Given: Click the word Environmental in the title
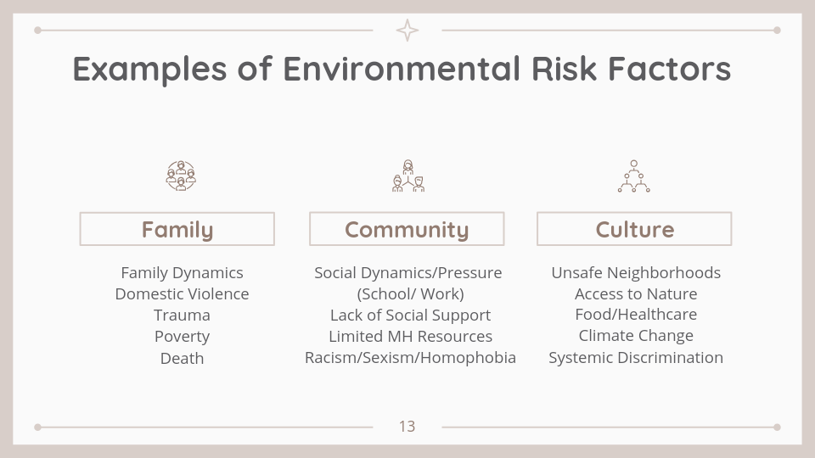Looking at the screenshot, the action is (x=402, y=69).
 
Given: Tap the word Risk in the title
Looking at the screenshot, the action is (x=564, y=69).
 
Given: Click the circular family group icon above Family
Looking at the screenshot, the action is (x=181, y=176).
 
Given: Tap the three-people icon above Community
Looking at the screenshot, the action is (x=408, y=176).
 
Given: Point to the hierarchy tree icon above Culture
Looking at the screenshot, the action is (x=633, y=176).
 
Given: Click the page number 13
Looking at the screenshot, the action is (x=407, y=427).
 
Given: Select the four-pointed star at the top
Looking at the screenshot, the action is (x=407, y=31).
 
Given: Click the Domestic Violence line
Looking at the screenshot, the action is (x=182, y=294).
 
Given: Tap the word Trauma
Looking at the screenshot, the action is (x=182, y=316).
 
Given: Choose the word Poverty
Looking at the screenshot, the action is (x=182, y=337).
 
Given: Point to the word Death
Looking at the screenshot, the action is (x=182, y=358).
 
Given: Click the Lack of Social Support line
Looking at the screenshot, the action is (x=410, y=316).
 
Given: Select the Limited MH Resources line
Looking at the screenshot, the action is (x=410, y=337).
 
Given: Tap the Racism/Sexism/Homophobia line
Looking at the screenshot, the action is (x=410, y=358).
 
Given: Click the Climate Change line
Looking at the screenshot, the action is (x=636, y=336).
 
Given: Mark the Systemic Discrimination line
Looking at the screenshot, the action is (x=636, y=358).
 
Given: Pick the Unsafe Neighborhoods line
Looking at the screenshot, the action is (x=636, y=272).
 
